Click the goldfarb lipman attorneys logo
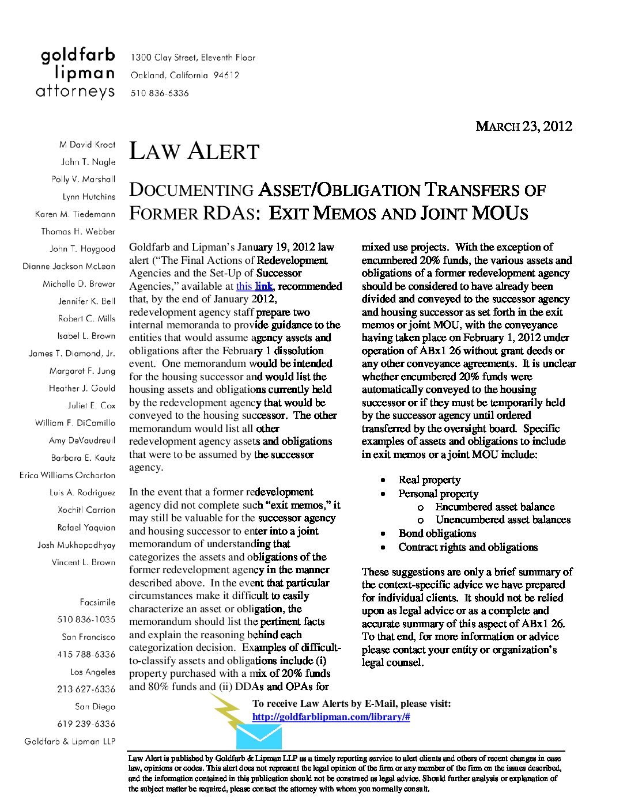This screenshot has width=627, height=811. click(x=77, y=74)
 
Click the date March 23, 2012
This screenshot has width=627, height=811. click(x=523, y=126)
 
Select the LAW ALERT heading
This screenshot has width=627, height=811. click(x=194, y=151)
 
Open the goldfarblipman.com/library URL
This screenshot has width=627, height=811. click(x=331, y=717)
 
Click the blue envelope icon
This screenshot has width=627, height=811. click(x=259, y=737)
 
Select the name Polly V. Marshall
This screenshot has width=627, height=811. click(x=84, y=179)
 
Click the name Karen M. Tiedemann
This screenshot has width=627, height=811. click(x=75, y=214)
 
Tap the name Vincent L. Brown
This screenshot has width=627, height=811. click(x=84, y=562)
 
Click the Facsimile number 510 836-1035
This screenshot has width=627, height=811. click(x=86, y=620)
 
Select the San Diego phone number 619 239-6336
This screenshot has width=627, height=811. click(x=86, y=724)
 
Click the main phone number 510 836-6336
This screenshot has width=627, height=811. click(x=160, y=93)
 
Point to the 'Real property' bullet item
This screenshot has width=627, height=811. click(x=429, y=480)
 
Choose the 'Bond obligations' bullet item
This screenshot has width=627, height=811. click(x=437, y=533)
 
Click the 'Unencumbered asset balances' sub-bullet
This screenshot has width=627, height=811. click(x=503, y=520)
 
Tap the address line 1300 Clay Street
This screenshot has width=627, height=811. click(x=193, y=58)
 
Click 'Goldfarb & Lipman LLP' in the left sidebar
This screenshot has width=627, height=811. click(x=70, y=741)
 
